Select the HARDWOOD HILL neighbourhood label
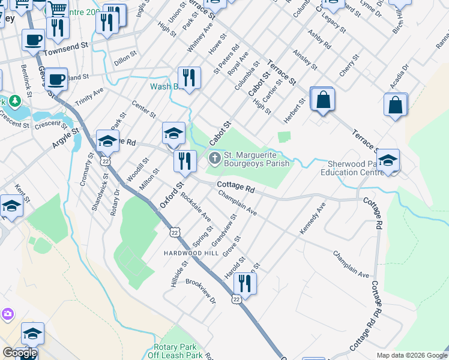(x=191, y=253)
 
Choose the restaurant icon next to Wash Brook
(x=188, y=78)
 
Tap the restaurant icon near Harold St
(x=244, y=281)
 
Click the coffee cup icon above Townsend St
(x=34, y=40)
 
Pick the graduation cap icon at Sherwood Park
(x=388, y=160)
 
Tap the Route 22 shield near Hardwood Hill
(x=175, y=232)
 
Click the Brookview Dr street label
(x=200, y=291)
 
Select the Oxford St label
(x=171, y=193)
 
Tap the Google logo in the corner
(x=20, y=352)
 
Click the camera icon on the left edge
(x=7, y=314)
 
